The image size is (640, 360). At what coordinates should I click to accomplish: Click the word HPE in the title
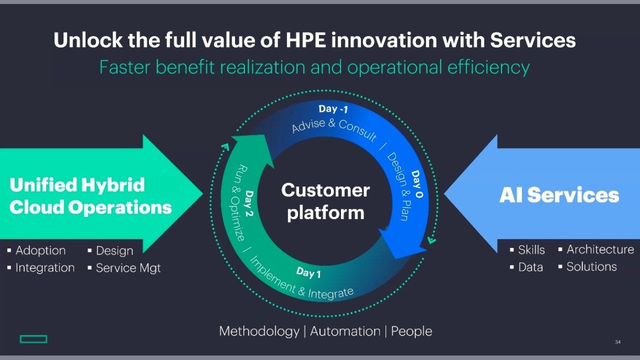coord(305,40)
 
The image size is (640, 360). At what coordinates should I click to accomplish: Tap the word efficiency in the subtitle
coord(488,67)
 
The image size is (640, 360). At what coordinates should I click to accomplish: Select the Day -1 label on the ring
coord(333,109)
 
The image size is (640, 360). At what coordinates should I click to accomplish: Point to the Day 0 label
coord(417,184)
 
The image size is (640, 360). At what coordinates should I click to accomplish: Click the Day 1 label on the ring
coord(308,272)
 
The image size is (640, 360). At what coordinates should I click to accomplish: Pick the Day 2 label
coord(249,203)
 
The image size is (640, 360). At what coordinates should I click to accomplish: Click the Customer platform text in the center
coord(325,201)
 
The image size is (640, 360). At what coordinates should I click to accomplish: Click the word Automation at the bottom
coord(345,331)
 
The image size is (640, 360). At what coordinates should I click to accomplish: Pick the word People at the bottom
coord(411,331)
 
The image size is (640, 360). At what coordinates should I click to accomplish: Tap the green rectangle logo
coord(33,339)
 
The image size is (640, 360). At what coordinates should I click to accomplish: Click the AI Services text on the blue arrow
coord(559,195)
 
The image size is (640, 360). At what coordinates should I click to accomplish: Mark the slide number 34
coord(617,342)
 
